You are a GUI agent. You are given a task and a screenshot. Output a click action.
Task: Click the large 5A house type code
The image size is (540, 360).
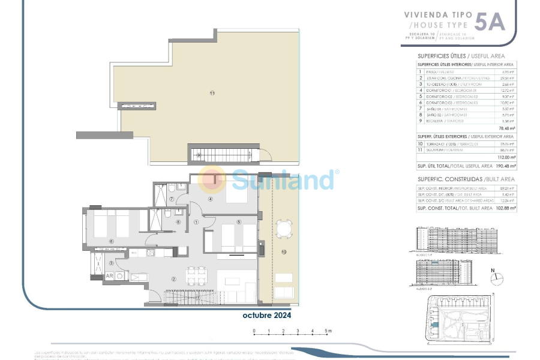tap(490, 22)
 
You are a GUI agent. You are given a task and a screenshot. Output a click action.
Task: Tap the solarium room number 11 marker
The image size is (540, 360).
tap(212, 92)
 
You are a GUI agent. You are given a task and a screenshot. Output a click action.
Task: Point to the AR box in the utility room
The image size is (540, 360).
tap(110, 276)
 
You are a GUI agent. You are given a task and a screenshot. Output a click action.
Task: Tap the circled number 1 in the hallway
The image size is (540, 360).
tap(196, 221)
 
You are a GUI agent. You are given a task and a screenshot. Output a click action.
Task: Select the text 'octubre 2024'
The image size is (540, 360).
tap(267, 315)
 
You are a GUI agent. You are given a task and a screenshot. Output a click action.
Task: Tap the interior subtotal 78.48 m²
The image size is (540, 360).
tap(508, 127)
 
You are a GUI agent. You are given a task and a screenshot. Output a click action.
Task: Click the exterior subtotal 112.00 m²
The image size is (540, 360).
tap(506, 157)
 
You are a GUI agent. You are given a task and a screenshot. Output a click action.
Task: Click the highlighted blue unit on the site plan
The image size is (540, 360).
tap(436, 325)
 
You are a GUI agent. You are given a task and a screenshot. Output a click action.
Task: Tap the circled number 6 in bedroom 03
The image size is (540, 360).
tap(112, 241)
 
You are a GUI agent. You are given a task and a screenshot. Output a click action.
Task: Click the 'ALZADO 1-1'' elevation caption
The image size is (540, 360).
tap(424, 254)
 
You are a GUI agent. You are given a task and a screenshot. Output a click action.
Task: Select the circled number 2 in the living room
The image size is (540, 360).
tap(173, 279)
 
